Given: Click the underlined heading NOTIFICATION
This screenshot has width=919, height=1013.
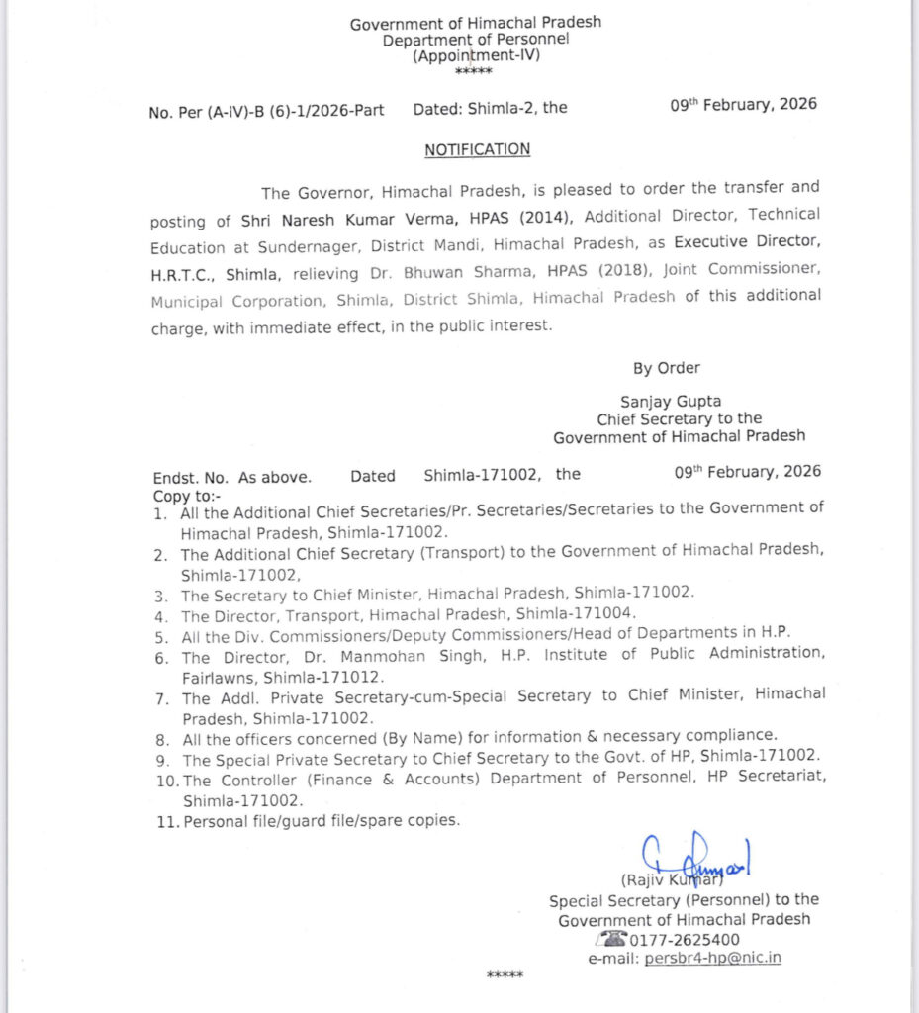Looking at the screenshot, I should pos(477,150).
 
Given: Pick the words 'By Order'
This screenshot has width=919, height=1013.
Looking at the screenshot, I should pos(666,368).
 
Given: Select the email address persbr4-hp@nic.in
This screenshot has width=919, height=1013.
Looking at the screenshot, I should pos(712,958).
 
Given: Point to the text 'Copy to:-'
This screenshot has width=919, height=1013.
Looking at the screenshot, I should pos(187,495).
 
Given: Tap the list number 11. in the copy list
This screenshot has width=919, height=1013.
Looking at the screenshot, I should pos(164,821).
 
